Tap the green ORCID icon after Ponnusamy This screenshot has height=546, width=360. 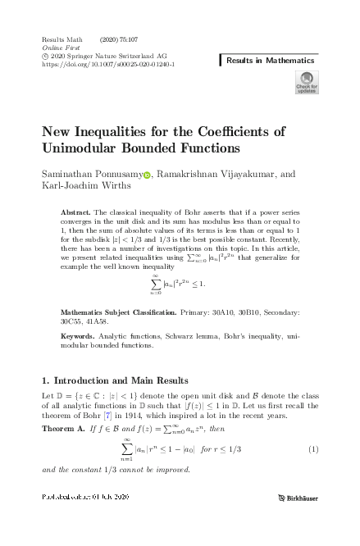[148, 175]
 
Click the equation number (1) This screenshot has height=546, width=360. [313, 449]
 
